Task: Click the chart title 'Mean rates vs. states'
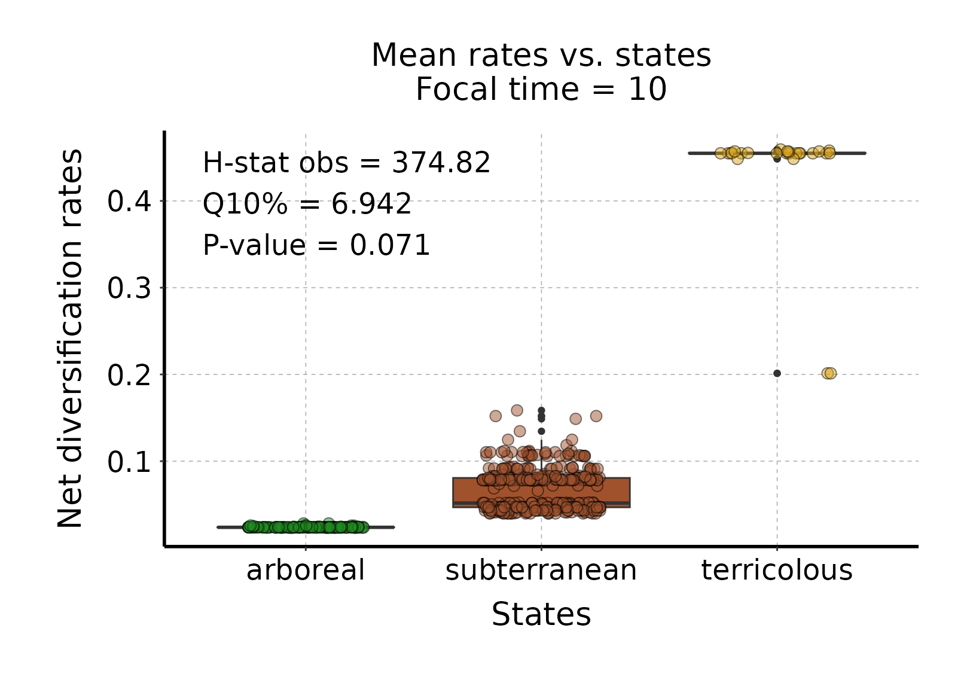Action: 541,55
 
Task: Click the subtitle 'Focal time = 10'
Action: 541,90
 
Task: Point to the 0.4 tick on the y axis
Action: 129,202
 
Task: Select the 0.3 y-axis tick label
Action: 129,288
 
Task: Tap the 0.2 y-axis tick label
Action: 129,375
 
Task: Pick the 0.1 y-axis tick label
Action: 129,462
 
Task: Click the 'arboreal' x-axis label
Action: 306,570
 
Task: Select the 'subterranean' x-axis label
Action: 541,570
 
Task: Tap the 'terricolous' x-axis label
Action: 777,570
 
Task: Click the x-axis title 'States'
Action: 541,614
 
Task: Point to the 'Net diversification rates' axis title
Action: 70,339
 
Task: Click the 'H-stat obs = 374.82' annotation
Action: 346,163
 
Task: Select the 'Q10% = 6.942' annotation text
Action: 307,204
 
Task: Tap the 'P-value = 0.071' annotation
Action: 316,245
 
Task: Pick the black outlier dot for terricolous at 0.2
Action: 777,373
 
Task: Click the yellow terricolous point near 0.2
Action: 829,373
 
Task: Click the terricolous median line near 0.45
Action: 849,153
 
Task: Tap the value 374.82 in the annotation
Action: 441,163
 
